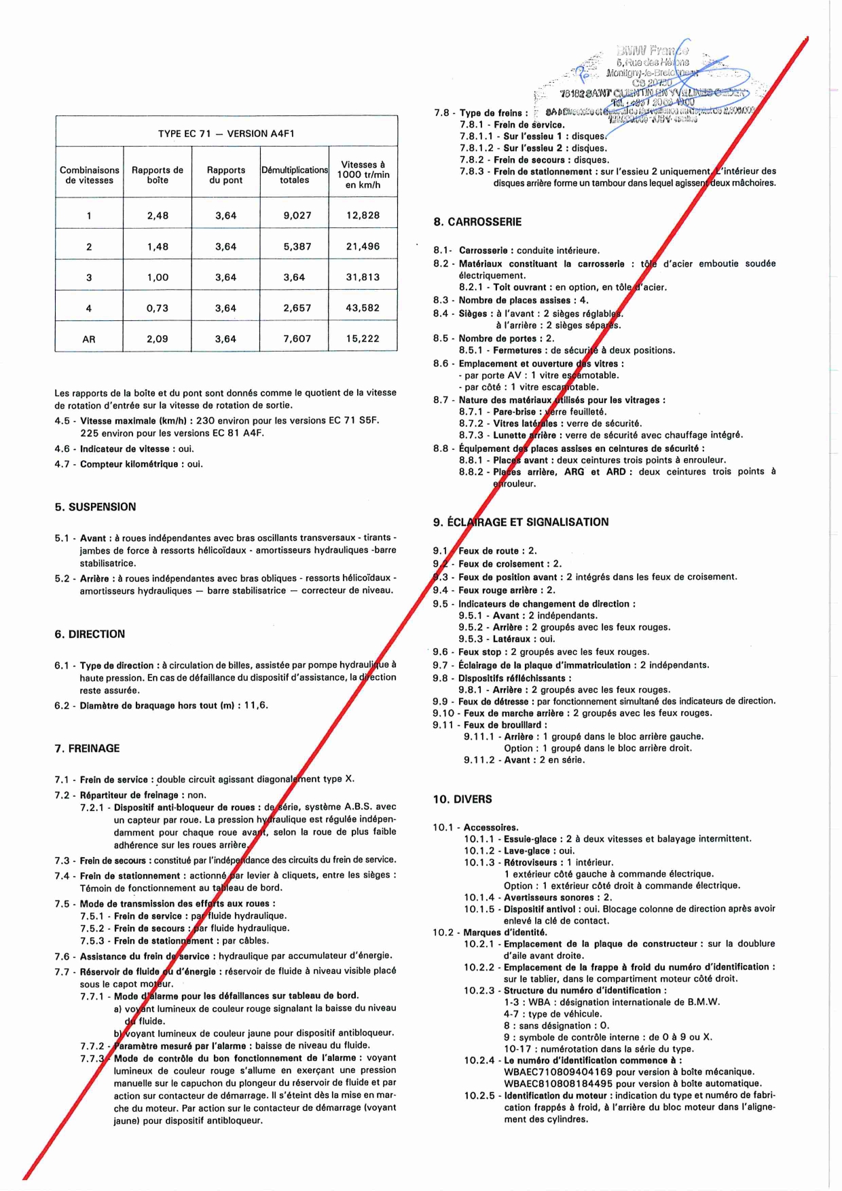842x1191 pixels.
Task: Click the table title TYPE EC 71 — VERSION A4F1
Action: pyautogui.click(x=226, y=134)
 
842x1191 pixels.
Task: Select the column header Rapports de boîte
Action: pyautogui.click(x=158, y=175)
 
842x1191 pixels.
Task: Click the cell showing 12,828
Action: pyautogui.click(x=363, y=215)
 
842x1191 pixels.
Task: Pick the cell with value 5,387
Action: pyautogui.click(x=297, y=246)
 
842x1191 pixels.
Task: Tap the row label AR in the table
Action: pyautogui.click(x=89, y=339)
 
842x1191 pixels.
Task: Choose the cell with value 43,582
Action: pyautogui.click(x=363, y=308)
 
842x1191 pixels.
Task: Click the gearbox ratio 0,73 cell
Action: pyautogui.click(x=158, y=308)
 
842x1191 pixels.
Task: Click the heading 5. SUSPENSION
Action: pyautogui.click(x=95, y=507)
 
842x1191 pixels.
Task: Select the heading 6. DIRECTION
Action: pyautogui.click(x=90, y=634)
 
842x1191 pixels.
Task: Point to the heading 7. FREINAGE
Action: pyautogui.click(x=87, y=749)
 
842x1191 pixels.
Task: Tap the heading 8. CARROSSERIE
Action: pyautogui.click(x=477, y=222)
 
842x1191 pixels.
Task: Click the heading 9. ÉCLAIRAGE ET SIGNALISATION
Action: pyautogui.click(x=521, y=522)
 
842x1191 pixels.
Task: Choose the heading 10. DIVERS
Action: pyautogui.click(x=462, y=799)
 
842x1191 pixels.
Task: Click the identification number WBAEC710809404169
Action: pyautogui.click(x=558, y=1072)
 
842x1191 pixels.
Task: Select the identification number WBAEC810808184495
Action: pyautogui.click(x=558, y=1084)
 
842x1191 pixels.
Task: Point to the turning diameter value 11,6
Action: pyautogui.click(x=256, y=705)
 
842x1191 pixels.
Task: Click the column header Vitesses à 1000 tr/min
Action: pyautogui.click(x=363, y=174)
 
